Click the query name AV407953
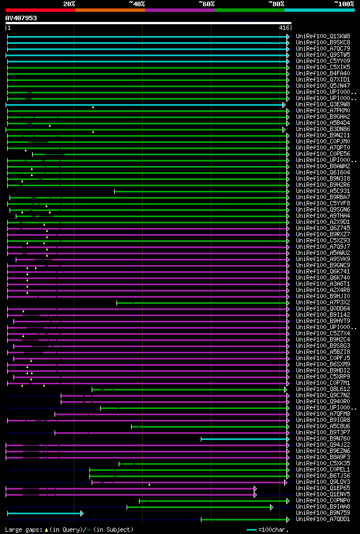coord(21,18)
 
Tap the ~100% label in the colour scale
coord(344,3)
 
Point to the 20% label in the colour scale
coord(69,3)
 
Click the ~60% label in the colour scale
coord(206,3)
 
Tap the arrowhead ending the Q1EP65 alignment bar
coord(255,488)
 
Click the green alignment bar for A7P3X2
coord(202,303)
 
